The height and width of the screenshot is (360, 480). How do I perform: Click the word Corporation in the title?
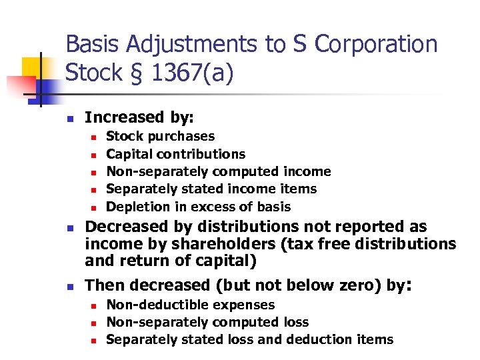click(x=375, y=45)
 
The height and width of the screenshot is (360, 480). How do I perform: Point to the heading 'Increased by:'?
click(x=139, y=118)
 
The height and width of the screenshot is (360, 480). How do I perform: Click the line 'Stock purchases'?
click(x=160, y=137)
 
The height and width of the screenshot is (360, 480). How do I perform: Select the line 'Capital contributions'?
click(x=175, y=154)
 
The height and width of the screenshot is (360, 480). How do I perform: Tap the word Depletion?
click(x=135, y=207)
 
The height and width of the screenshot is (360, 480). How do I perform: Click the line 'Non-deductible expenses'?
click(x=190, y=305)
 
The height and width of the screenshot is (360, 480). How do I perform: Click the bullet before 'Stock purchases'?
click(x=94, y=137)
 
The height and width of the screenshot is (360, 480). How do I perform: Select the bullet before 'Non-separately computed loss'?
click(x=94, y=323)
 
